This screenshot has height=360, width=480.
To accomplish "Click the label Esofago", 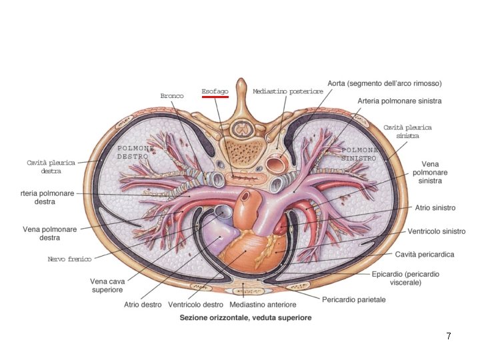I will tap(215, 91).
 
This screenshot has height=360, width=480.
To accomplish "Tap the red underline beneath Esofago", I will tap(215, 97).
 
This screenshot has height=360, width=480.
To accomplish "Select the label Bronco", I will tap(172, 96).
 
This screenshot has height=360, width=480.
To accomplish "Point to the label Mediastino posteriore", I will tap(288, 91).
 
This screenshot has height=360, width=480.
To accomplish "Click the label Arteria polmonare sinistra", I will tap(399, 101).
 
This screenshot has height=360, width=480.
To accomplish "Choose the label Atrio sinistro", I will tap(435, 208).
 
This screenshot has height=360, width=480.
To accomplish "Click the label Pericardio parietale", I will tap(354, 300).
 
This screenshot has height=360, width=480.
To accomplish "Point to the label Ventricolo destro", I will tap(195, 305).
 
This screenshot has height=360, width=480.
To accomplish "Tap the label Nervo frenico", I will tap(69, 259).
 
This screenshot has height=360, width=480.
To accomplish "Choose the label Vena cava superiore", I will tap(107, 286).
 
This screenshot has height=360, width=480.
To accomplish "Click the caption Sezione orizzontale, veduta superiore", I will tap(245, 318).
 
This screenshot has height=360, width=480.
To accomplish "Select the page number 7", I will tap(449, 337).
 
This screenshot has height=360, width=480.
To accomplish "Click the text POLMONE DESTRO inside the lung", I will tap(135, 152).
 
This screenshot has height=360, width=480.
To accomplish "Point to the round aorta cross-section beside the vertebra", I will tap(274, 163).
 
